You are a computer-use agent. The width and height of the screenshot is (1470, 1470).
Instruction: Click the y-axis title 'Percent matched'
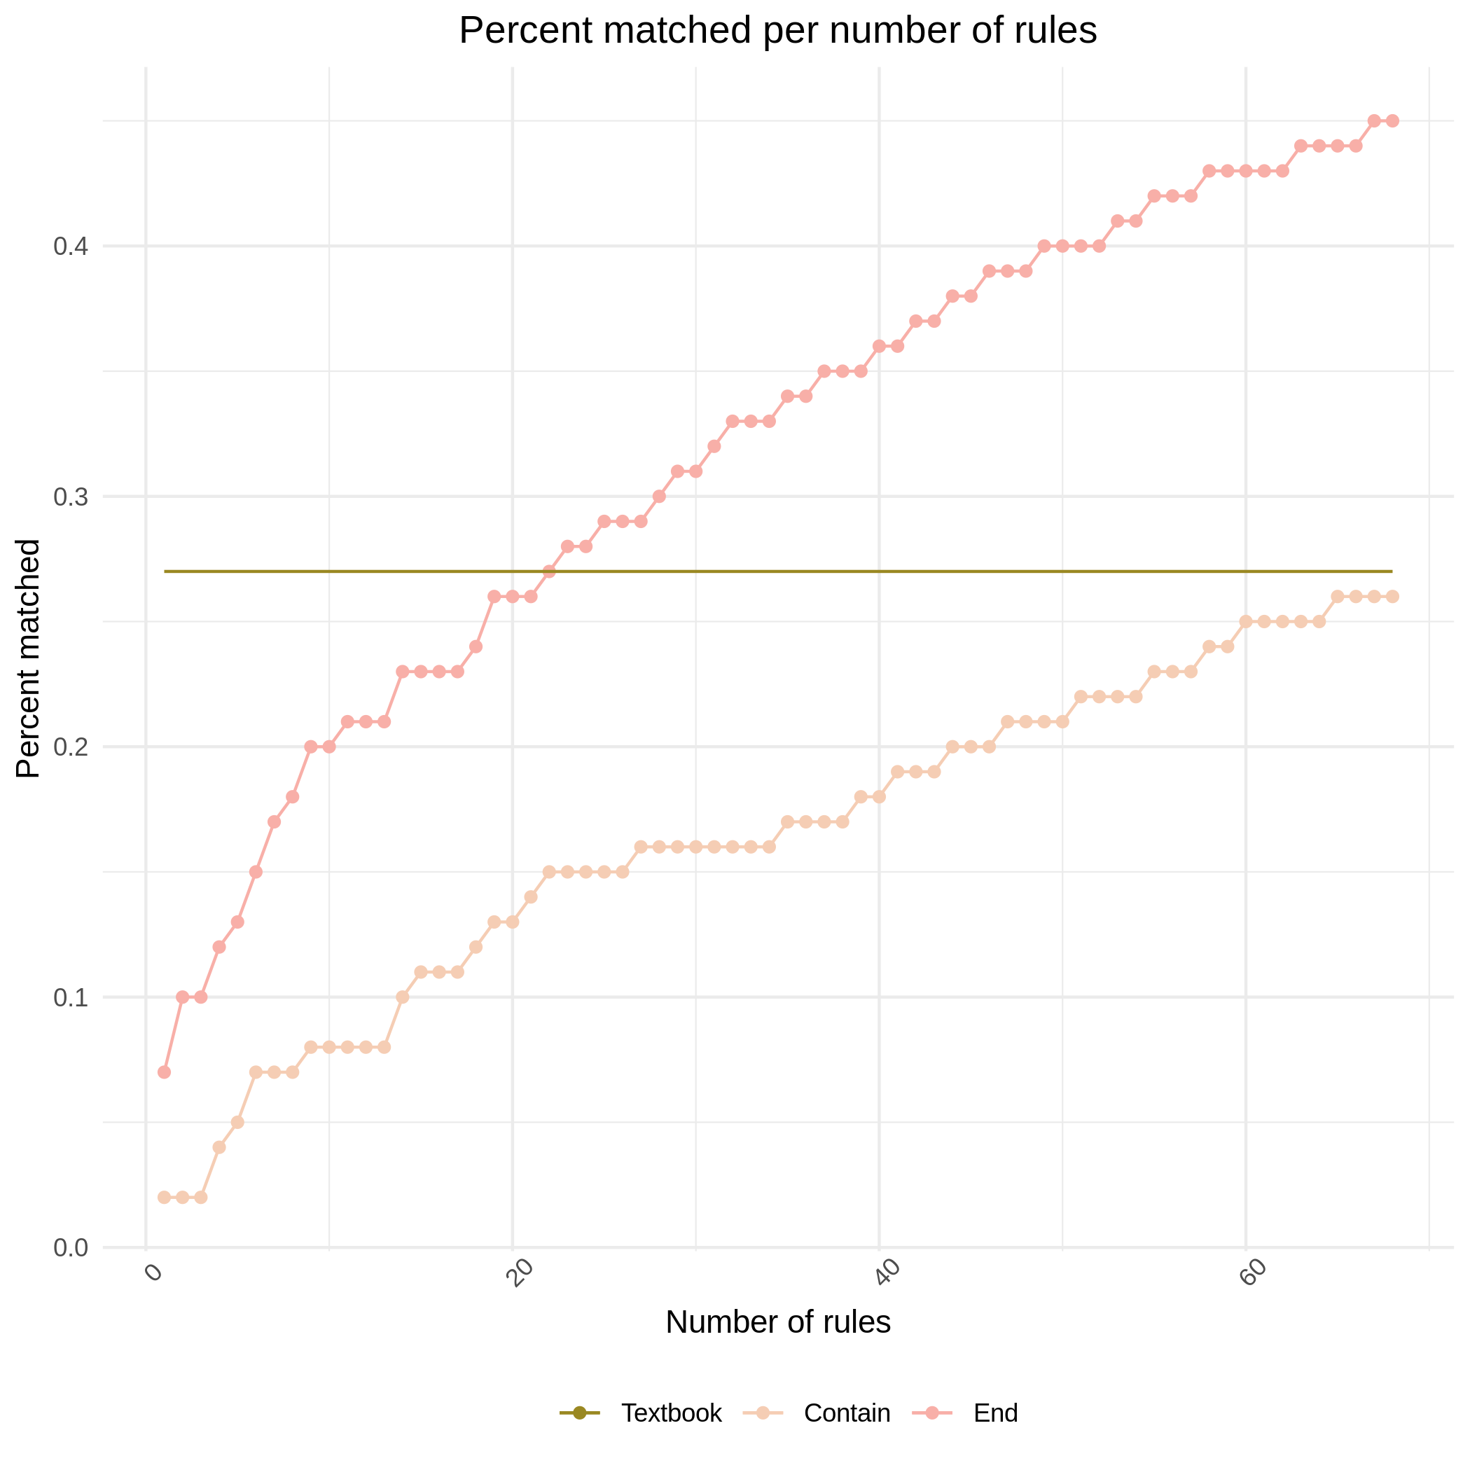pos(29,658)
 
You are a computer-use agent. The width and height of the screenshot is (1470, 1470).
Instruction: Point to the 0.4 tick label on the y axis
pos(71,247)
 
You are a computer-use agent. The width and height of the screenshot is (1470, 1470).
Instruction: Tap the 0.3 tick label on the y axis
pos(71,497)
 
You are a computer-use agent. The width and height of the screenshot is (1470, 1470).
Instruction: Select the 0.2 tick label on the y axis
pos(71,747)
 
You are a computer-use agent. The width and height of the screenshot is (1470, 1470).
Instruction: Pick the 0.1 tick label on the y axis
pos(71,997)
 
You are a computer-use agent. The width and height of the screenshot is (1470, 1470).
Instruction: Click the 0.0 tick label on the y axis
pos(71,1248)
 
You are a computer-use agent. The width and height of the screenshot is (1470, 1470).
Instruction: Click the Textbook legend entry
pos(670,1413)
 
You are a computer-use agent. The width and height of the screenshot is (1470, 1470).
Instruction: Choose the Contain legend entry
pos(846,1413)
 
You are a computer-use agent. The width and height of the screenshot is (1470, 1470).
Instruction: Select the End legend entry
pos(995,1413)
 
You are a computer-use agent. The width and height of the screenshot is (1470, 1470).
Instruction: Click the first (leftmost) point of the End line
pos(165,1072)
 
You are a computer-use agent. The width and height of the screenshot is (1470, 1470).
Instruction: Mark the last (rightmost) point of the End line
pos(1392,121)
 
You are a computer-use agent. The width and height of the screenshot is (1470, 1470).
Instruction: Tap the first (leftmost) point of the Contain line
pos(165,1198)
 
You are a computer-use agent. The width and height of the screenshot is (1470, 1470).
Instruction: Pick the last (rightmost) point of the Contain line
pos(1392,597)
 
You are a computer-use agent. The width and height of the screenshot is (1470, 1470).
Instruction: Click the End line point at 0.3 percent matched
pos(660,497)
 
